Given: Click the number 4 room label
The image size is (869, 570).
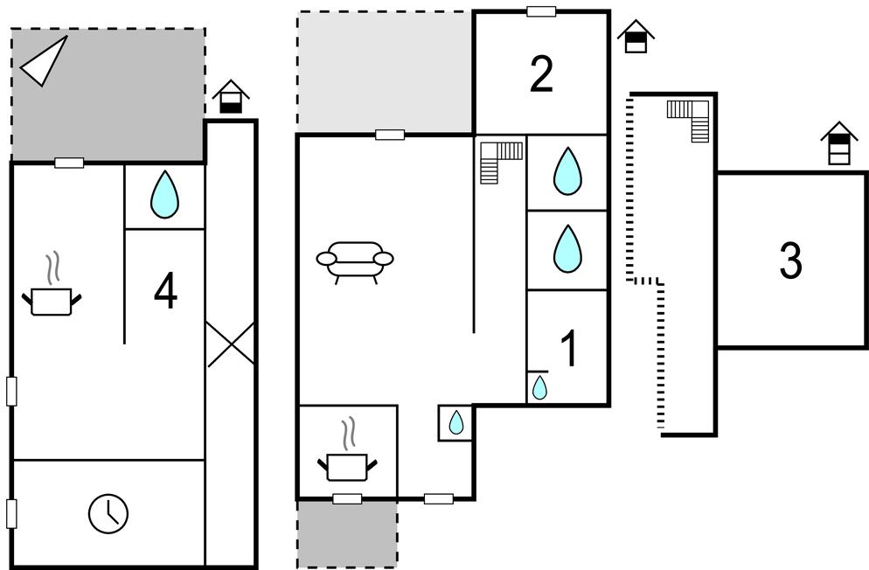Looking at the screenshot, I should tap(165, 291).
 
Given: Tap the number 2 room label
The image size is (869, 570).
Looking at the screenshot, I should tap(542, 75).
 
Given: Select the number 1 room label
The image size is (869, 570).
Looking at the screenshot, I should tap(568, 349).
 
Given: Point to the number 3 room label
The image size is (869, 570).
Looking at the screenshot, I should tap(790, 261).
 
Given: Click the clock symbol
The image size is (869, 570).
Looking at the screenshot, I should tap(108, 512).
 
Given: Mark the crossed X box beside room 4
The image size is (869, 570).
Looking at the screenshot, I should tap(231, 344).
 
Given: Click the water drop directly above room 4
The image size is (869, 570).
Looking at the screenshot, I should tap(164, 194).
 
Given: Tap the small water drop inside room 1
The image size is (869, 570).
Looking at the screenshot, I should tap(539, 386).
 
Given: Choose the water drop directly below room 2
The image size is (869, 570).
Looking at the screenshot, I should tap(567, 171).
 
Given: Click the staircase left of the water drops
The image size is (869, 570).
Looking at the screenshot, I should tap(500, 161).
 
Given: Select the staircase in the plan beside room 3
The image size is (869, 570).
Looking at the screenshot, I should tap(689, 118).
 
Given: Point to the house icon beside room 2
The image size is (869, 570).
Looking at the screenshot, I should tap(636, 37).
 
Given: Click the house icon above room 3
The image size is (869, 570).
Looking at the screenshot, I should tap(838, 142).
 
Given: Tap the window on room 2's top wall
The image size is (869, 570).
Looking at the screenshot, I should tap(541, 11).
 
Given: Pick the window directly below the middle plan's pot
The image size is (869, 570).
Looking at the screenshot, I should tap(347, 498).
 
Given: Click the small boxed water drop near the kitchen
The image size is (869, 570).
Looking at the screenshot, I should tap(455, 423).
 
